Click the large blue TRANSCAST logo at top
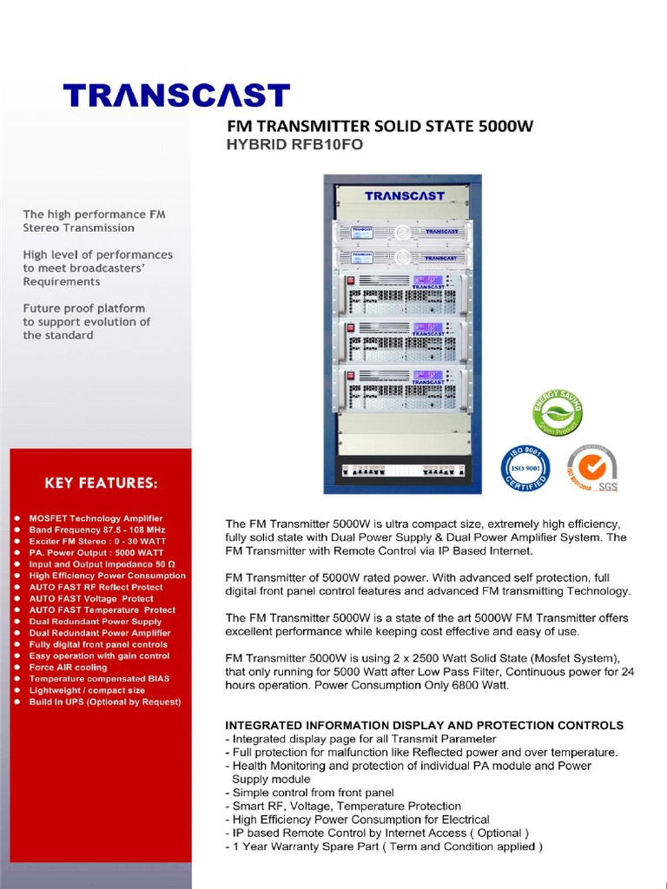176,95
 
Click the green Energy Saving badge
557,412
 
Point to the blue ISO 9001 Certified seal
525,471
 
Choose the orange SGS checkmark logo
591,468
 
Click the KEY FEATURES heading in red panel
101,482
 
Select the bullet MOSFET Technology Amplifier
96,518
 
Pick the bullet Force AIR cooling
68,668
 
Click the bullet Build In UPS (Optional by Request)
104,701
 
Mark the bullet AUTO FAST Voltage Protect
91,598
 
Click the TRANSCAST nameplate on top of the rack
404,196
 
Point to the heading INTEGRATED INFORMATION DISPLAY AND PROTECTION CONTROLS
424,725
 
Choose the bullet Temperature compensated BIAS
99,679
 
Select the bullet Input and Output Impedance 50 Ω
102,564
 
